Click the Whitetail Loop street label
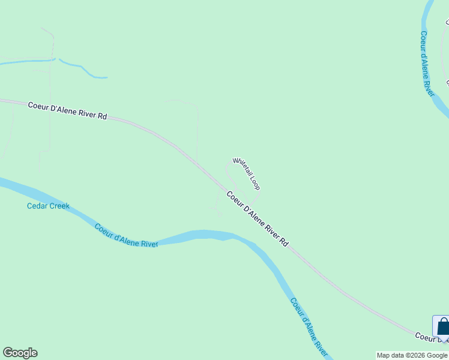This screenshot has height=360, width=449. (x=246, y=173)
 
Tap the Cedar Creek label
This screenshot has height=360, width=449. (x=48, y=206)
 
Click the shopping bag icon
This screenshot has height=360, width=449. (x=443, y=326)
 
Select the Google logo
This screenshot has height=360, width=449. (x=20, y=353)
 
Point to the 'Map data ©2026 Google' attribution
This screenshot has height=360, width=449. (x=412, y=355)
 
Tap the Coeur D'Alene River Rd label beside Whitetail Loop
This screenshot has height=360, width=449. (x=258, y=218)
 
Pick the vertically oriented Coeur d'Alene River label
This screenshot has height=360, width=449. (x=427, y=63)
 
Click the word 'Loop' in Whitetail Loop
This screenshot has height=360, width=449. (x=255, y=182)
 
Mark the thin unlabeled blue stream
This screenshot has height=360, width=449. (x=84, y=69)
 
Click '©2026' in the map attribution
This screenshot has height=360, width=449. (x=416, y=355)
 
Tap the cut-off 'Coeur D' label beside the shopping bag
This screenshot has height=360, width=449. (x=424, y=335)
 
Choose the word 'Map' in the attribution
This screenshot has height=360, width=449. (x=384, y=355)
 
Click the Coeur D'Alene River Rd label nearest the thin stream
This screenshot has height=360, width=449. (x=67, y=110)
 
